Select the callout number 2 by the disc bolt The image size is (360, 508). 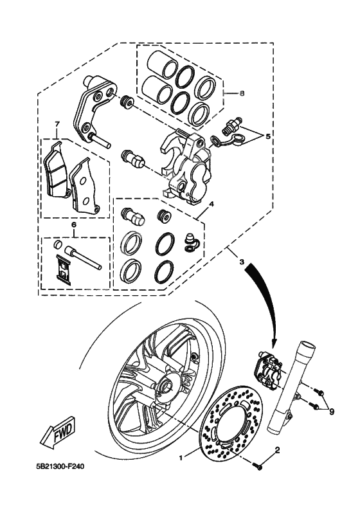pos(277,451)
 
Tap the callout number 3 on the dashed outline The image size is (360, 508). pos(241,262)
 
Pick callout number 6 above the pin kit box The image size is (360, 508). pos(73,225)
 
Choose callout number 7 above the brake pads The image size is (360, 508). pos(57,124)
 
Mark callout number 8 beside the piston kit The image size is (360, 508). pos(242,93)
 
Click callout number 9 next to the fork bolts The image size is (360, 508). pos(331,412)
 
